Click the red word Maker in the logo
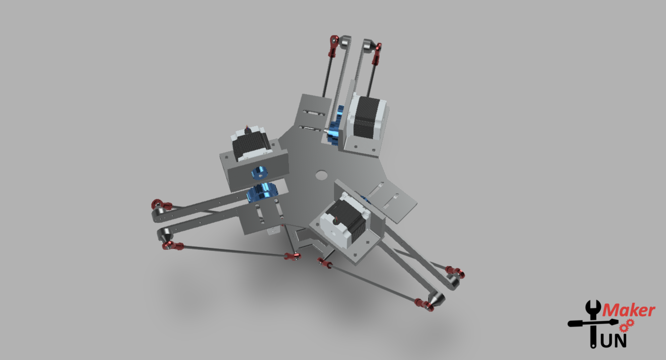coord(628,311)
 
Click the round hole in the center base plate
coord(320,175)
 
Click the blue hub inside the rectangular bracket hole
coord(259,172)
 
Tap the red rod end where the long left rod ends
coord(291,257)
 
